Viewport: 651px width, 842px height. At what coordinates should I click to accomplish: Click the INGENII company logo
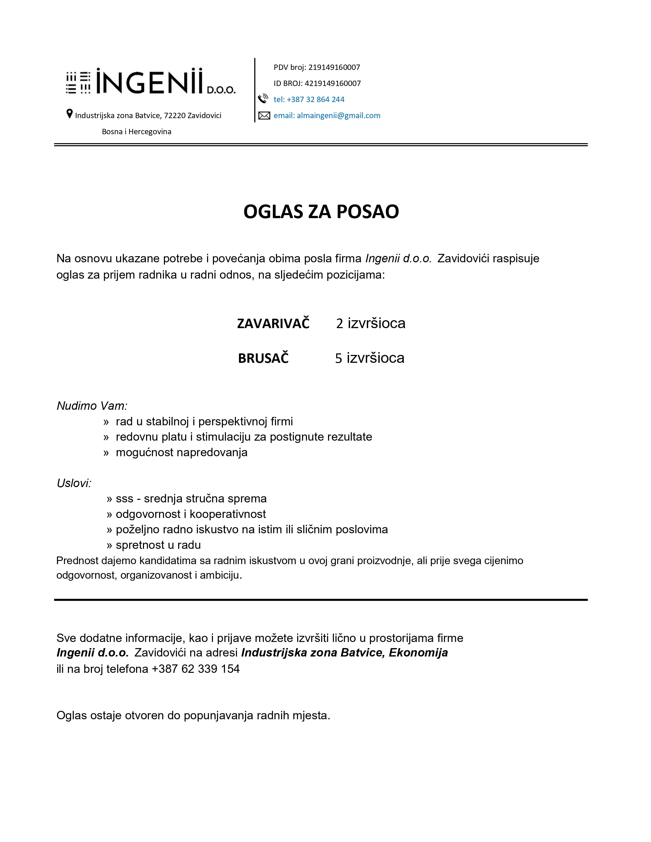click(150, 82)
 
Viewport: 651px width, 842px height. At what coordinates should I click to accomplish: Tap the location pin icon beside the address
click(69, 114)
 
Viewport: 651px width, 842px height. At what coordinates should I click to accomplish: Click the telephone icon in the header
click(263, 99)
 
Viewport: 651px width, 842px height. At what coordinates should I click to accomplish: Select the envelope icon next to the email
click(264, 115)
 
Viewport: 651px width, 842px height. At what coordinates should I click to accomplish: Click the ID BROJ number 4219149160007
click(332, 83)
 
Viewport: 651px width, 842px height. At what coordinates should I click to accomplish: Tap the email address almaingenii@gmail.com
click(338, 116)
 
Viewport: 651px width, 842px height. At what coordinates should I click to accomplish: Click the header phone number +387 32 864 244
click(316, 100)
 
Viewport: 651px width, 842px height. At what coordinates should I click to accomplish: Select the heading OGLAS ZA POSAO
click(321, 211)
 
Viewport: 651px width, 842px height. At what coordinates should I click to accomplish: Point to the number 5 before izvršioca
click(338, 358)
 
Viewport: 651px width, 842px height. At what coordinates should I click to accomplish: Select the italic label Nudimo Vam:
click(92, 406)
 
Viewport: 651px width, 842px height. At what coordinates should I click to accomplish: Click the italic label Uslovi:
click(74, 483)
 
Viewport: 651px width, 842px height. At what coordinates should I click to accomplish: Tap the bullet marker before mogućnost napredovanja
click(106, 453)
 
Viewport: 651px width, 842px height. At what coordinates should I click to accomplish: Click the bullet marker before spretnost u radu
click(109, 545)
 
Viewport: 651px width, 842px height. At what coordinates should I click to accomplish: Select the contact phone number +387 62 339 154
click(196, 669)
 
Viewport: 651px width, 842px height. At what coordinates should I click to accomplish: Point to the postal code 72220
click(175, 116)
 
